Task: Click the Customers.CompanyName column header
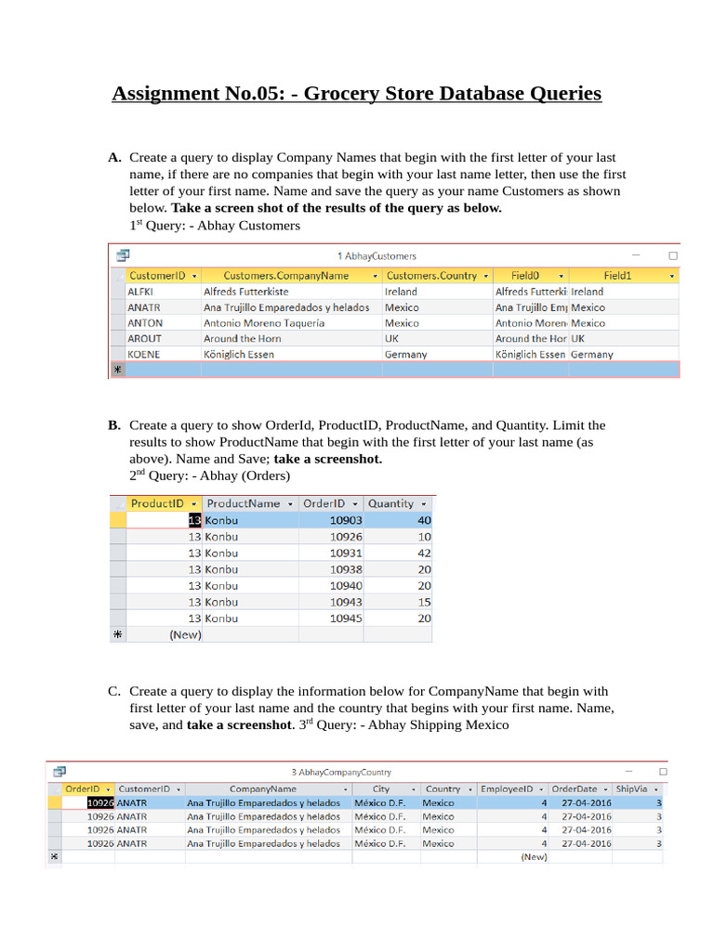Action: click(286, 276)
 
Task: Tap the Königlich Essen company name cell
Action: click(239, 355)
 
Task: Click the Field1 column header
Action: click(617, 276)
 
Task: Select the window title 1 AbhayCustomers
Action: click(377, 255)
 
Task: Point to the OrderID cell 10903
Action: click(345, 521)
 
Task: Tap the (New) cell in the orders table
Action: click(185, 635)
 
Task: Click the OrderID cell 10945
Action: click(345, 619)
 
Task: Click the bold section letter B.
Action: click(113, 425)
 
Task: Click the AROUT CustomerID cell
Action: click(144, 339)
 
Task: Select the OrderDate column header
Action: click(577, 788)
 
